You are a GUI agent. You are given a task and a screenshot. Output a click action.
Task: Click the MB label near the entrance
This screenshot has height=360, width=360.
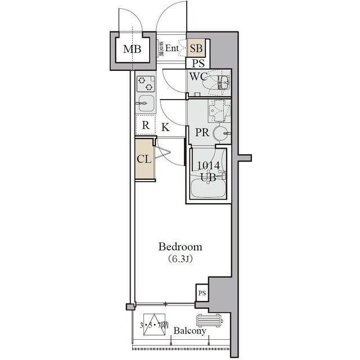coord(132,49)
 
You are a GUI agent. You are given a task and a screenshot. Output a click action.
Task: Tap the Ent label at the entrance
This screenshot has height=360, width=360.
coord(172,49)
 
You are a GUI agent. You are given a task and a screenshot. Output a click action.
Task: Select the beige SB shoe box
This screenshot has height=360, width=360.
coord(197,49)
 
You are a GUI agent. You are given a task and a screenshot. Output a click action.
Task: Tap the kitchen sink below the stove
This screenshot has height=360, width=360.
coord(146,103)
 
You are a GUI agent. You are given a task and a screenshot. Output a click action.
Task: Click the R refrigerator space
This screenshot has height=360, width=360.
coord(145,125)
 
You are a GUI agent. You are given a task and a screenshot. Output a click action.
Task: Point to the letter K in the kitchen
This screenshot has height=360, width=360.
coord(165,127)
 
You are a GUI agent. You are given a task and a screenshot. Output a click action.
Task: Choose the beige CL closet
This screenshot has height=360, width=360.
coord(144,159)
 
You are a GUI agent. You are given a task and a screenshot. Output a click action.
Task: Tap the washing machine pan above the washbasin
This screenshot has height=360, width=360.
coord(218,110)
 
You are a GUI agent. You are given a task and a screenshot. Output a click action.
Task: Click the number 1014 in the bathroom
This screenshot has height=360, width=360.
coord(208,165)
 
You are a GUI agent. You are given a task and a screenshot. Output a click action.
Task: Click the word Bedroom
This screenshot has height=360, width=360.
coord(180,247)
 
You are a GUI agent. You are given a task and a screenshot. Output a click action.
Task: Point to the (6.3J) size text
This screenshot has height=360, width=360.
coord(180,259)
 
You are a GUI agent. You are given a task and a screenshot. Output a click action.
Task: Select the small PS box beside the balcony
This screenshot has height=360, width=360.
coord(201,292)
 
